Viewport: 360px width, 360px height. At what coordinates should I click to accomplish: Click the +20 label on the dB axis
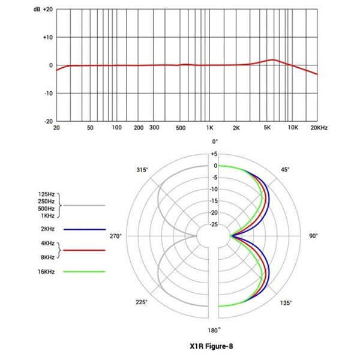(x=48, y=10)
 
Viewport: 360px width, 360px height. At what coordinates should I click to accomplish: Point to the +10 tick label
(x=47, y=37)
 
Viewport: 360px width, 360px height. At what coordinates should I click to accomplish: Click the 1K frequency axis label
(x=210, y=128)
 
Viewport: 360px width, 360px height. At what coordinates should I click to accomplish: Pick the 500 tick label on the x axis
(x=180, y=128)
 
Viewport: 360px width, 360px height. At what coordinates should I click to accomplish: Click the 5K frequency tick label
(x=268, y=128)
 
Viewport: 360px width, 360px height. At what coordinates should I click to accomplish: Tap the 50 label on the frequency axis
(x=90, y=128)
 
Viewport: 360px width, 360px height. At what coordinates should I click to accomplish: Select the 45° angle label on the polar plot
(x=284, y=170)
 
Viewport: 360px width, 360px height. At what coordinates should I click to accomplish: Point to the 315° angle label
(x=142, y=170)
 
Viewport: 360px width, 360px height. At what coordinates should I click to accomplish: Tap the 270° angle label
(x=115, y=236)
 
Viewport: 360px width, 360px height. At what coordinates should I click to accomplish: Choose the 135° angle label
(x=286, y=302)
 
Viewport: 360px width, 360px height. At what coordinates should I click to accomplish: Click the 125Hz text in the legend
(x=46, y=194)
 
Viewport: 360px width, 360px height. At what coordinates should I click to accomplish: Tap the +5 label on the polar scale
(x=214, y=154)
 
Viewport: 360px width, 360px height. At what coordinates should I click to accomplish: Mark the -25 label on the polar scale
(x=214, y=224)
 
